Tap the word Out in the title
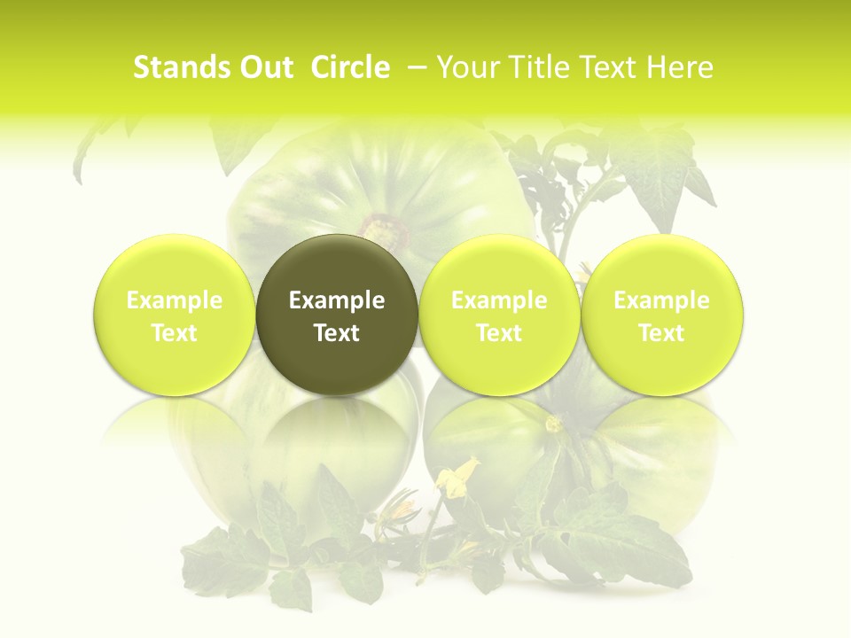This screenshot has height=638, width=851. [263, 67]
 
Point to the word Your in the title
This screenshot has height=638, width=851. [467, 67]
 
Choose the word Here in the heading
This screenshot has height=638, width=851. [680, 67]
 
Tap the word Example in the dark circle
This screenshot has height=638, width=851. [337, 300]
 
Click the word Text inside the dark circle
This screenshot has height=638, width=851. [337, 333]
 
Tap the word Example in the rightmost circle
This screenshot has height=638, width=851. [662, 300]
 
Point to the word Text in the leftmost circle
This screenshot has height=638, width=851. [174, 333]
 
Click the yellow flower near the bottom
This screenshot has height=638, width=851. [457, 478]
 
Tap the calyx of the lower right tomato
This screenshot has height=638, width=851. [555, 425]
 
